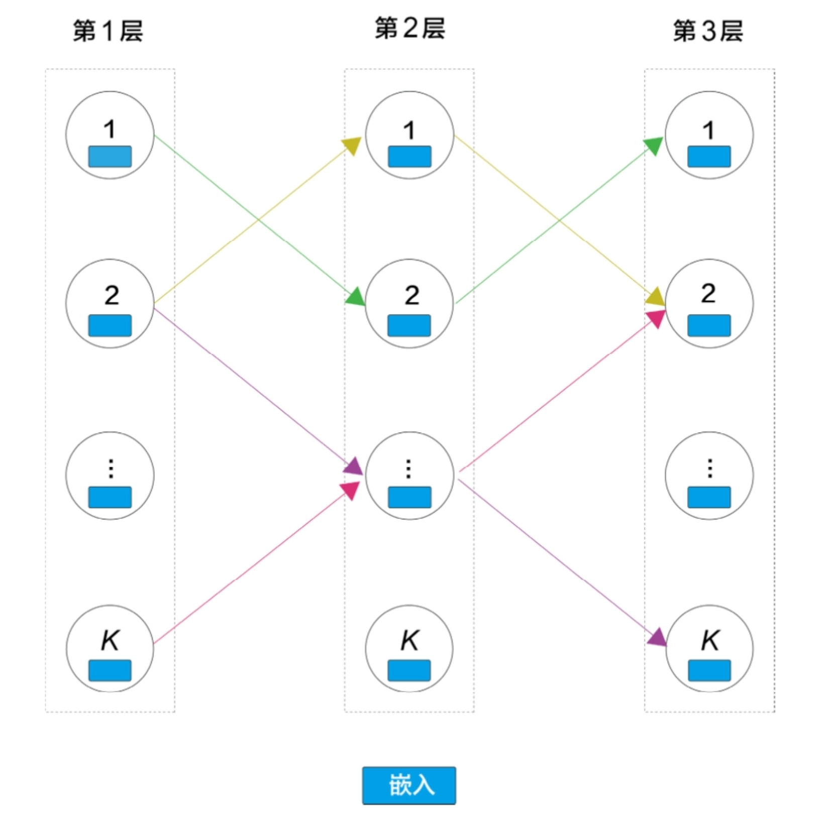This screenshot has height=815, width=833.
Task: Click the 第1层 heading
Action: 108,31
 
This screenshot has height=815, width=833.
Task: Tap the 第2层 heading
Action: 409,28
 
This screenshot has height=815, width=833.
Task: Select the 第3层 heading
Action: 708,31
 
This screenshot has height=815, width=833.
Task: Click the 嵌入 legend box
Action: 409,785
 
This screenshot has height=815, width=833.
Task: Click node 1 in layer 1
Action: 110,135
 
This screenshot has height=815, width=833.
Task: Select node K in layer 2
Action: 409,648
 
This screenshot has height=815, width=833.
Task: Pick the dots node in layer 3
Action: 709,475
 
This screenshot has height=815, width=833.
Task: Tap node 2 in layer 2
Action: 409,303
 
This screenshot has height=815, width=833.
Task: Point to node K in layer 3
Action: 709,648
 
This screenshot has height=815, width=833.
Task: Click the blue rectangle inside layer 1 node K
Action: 110,670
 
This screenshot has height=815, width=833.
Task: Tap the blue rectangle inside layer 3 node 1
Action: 709,156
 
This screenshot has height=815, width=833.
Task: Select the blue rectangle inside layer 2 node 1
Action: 409,156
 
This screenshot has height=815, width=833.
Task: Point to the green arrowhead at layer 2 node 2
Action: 355,296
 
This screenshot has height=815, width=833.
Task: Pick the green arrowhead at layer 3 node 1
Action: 654,145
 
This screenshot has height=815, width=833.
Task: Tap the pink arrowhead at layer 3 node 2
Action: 656,318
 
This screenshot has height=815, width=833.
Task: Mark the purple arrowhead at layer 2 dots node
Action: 354,467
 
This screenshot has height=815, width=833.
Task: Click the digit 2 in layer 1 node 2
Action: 112,294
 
